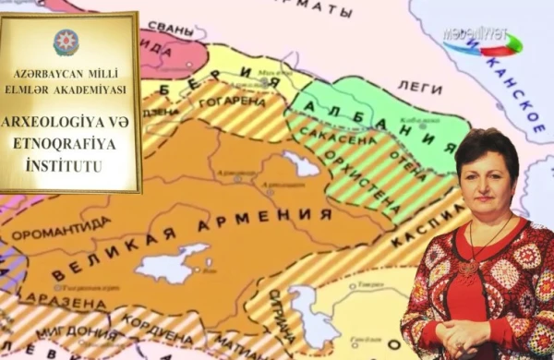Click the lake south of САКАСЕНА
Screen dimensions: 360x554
click(301, 163)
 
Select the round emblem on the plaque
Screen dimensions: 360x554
click(66, 42)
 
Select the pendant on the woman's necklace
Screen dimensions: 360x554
click(472, 267)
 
